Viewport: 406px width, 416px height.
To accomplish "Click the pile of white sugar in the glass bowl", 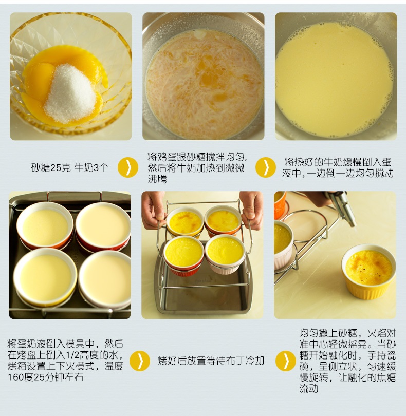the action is (71, 94).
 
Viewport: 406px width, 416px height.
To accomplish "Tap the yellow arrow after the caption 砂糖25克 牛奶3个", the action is (128, 167).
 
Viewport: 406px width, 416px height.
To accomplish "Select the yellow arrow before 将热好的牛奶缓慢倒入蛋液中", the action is (266, 167).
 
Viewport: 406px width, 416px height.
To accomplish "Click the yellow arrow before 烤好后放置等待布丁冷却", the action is (140, 361).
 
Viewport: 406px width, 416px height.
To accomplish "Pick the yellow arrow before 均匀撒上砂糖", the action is (286, 361).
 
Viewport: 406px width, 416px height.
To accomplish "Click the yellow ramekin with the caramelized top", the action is (368, 271).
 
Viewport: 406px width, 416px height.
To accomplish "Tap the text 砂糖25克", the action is (51, 167).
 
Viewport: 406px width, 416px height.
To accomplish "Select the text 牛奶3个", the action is (91, 167).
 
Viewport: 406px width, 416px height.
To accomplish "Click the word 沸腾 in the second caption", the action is (157, 179).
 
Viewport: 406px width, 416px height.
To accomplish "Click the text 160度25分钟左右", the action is (45, 377).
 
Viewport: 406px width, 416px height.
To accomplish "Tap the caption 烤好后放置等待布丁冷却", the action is (211, 361).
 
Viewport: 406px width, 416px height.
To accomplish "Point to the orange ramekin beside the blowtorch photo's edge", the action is (280, 205).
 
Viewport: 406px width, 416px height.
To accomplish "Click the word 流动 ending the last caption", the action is (309, 389).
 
